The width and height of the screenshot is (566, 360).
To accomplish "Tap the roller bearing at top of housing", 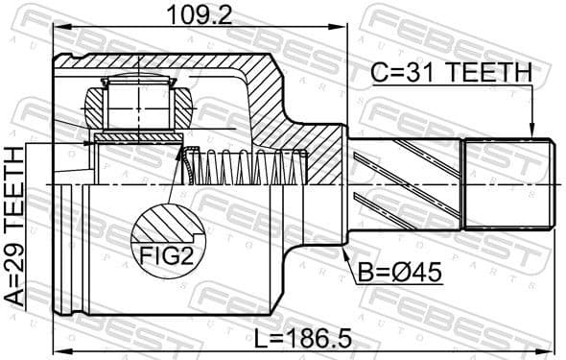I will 138,101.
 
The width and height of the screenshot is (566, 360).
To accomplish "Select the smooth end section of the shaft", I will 509,182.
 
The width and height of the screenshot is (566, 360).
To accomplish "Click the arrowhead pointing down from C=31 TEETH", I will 530,132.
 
